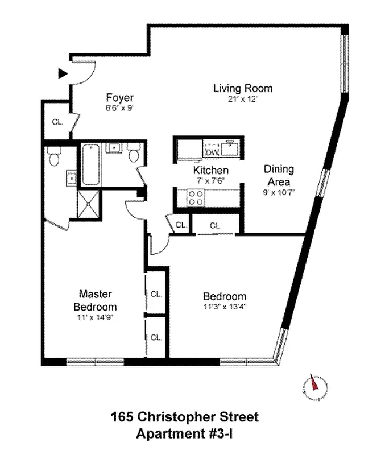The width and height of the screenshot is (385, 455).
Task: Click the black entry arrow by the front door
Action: (63, 73)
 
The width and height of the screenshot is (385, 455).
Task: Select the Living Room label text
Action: (243, 88)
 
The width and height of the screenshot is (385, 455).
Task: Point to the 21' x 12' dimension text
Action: (243, 98)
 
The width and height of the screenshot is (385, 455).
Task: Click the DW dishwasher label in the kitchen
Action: (212, 152)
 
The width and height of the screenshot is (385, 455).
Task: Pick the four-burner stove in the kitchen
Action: (196, 197)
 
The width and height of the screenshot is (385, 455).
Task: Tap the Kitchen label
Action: (210, 171)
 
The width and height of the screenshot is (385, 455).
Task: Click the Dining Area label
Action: (279, 175)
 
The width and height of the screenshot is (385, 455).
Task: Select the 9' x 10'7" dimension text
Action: (279, 192)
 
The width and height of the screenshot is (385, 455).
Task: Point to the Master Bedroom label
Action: (95, 300)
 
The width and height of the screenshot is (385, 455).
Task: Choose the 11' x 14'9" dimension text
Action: (95, 317)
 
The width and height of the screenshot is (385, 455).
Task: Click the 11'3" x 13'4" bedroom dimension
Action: (225, 307)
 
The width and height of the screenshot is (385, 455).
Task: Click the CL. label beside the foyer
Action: (57, 121)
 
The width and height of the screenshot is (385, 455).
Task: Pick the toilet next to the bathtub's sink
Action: (134, 153)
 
